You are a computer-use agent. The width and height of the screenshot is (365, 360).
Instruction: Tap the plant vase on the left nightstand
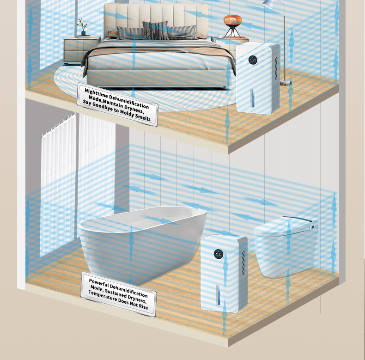coord(83,32)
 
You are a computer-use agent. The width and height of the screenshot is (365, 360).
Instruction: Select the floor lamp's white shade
coord(270,5)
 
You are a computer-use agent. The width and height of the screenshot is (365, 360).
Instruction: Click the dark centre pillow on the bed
coord(155,31)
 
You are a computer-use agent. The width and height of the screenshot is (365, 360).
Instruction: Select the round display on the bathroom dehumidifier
coord(218,254)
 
